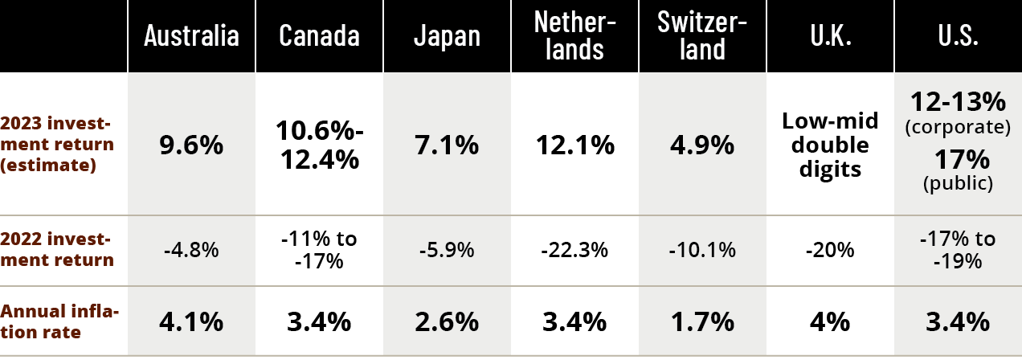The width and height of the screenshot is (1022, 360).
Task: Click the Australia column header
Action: click(x=191, y=36)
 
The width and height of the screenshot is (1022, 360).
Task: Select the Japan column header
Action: click(x=447, y=36)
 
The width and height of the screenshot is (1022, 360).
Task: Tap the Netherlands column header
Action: click(x=574, y=36)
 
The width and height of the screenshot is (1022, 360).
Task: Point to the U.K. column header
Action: click(x=830, y=36)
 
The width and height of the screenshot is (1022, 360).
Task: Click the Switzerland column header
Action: click(x=702, y=36)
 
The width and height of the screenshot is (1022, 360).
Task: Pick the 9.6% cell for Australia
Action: click(x=191, y=145)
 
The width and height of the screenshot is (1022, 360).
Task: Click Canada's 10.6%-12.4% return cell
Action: click(x=319, y=145)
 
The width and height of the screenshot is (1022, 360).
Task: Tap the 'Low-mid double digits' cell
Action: click(x=830, y=145)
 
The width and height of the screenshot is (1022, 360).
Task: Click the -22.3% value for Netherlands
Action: click(x=574, y=250)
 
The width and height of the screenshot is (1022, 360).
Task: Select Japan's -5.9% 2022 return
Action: click(x=447, y=250)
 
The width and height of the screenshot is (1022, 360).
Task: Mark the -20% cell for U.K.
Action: click(x=830, y=250)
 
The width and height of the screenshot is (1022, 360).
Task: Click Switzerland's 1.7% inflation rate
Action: click(x=702, y=322)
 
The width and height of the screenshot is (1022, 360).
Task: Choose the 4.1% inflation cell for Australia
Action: click(x=191, y=322)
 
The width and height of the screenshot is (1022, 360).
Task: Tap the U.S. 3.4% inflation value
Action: click(x=958, y=322)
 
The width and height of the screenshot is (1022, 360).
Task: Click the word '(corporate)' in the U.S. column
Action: click(x=958, y=127)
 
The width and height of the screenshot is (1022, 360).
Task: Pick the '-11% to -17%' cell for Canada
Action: click(x=319, y=250)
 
